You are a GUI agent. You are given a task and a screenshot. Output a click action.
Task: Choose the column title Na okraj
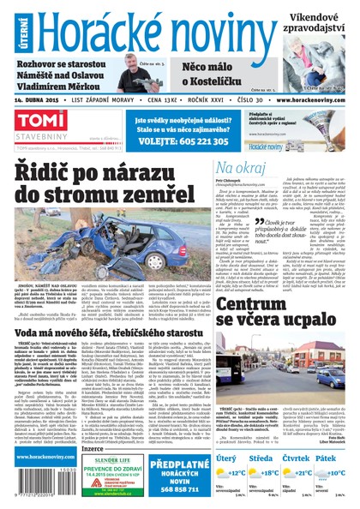(241, 168)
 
